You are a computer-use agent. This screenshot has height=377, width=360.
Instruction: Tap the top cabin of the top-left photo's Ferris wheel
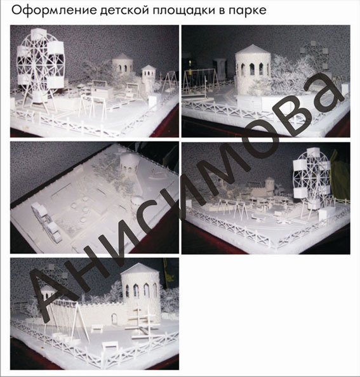[39, 34]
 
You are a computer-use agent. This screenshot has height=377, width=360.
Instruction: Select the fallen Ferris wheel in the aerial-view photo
[47, 222]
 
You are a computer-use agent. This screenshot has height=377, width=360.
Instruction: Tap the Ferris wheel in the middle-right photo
[312, 178]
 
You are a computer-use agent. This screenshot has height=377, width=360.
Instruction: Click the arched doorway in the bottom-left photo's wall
[114, 319]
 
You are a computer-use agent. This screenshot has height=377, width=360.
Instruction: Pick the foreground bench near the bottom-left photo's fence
[110, 347]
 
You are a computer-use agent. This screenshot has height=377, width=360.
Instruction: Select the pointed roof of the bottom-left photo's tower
[140, 268]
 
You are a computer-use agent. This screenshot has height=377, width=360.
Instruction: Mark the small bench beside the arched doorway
[97, 327]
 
